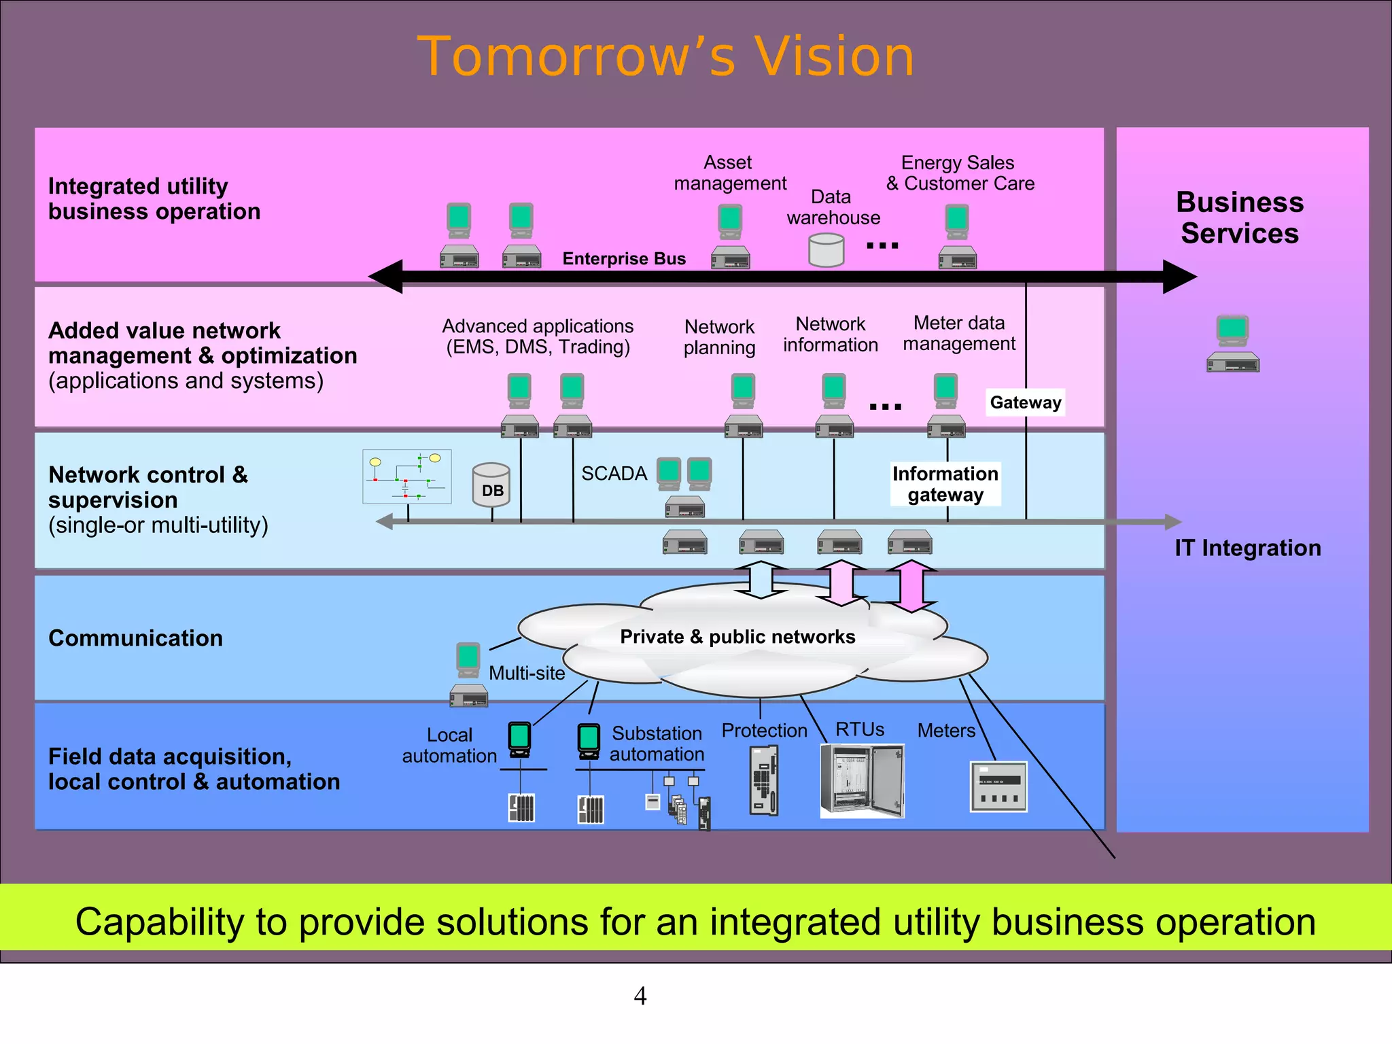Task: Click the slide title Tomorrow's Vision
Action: [x=665, y=56]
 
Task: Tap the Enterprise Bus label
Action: [x=623, y=259]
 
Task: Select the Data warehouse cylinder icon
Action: [x=826, y=250]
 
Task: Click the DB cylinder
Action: [x=491, y=485]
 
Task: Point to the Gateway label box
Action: [x=1025, y=402]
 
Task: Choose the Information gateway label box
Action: [x=945, y=484]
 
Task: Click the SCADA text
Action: [x=613, y=474]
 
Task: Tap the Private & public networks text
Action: [x=737, y=637]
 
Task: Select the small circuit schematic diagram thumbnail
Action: [x=406, y=476]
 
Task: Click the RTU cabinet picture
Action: [x=862, y=780]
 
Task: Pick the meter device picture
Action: [x=998, y=787]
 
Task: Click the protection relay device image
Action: [x=764, y=780]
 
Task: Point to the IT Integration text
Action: [x=1247, y=548]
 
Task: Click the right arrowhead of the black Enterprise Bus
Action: [x=1179, y=277]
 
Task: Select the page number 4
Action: [x=640, y=996]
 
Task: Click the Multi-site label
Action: [x=527, y=673]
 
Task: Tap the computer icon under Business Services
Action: [x=1232, y=343]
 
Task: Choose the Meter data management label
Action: [x=958, y=333]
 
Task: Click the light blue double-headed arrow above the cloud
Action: [x=761, y=580]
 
